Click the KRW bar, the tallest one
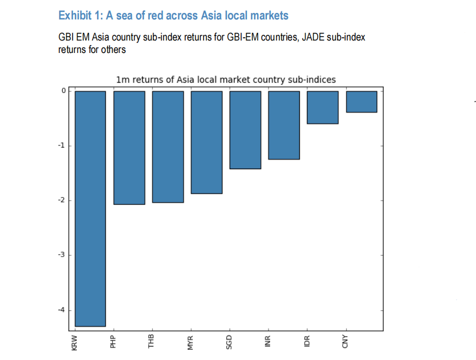click(x=90, y=208)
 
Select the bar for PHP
click(x=129, y=147)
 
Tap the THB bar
click(x=168, y=146)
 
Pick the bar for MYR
click(x=206, y=142)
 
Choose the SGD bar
click(x=245, y=130)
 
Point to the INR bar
click(x=284, y=125)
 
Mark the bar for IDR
click(x=323, y=107)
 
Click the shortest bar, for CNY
click(x=361, y=102)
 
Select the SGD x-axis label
click(x=229, y=342)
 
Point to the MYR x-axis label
click(x=191, y=342)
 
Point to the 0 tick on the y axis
click(x=63, y=91)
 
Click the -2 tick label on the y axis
click(x=62, y=201)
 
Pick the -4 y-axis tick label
click(x=62, y=310)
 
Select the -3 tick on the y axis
click(x=62, y=255)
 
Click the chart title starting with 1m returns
click(x=226, y=80)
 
